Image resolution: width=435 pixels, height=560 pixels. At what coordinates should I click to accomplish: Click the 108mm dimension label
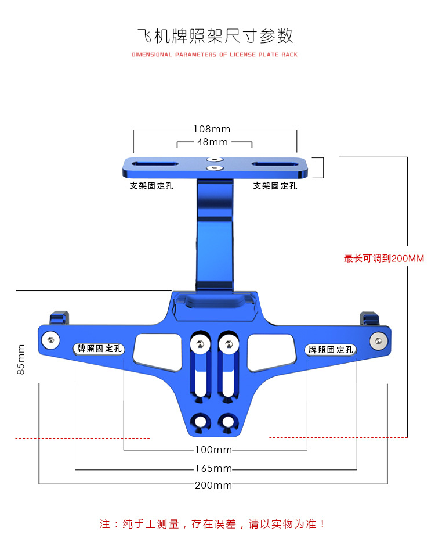212,129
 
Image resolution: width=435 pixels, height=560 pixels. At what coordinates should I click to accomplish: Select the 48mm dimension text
212,142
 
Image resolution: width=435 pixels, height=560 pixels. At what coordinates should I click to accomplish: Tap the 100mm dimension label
213,450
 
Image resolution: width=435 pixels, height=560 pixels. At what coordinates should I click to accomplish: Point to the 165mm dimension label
213,468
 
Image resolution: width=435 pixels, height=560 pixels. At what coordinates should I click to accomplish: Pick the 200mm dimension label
213,485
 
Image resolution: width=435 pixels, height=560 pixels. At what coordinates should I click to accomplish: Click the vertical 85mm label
21,359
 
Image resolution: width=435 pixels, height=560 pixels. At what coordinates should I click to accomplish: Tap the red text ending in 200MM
383,258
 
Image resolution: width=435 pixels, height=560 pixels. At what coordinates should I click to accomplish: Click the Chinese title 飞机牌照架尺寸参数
215,36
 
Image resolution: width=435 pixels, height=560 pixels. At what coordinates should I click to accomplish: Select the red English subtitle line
214,55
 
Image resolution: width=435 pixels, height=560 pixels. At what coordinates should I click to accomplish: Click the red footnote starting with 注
212,524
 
